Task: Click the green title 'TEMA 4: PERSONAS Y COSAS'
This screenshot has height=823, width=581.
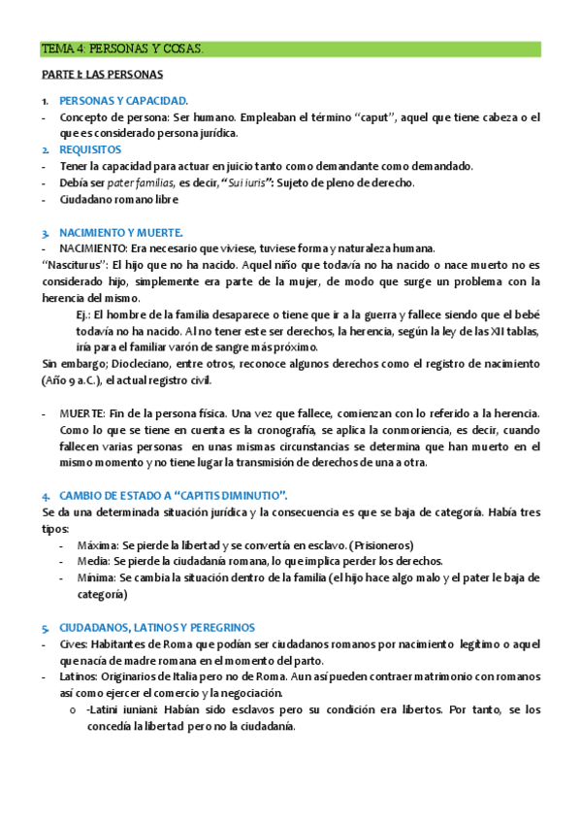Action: coord(122,49)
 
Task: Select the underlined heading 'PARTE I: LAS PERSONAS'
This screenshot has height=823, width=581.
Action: coord(102,74)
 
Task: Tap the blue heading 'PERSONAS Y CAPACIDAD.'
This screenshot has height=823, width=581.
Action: coord(123,100)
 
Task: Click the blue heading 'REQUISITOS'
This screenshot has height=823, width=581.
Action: coord(90,149)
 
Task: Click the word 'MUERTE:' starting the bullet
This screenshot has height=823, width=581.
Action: coord(81,413)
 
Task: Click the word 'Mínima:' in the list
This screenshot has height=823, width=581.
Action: coord(94,578)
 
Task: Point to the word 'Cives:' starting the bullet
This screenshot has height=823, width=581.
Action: coord(74,644)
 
